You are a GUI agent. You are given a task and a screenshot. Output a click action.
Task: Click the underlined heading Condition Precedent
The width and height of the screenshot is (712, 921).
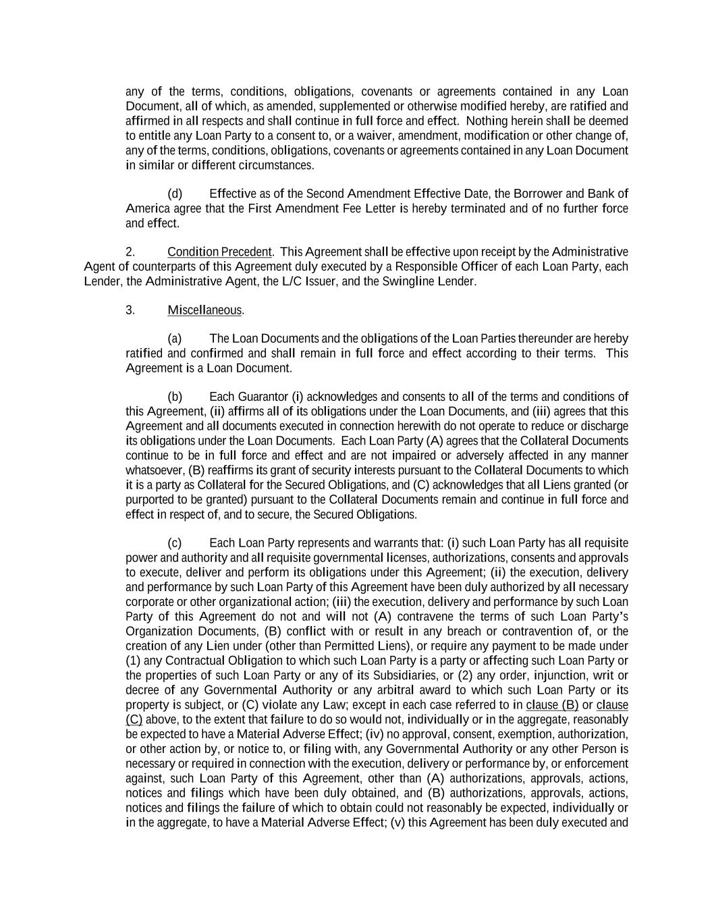(219, 252)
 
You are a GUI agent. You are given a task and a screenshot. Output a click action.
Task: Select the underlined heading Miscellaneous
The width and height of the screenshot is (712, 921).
(204, 310)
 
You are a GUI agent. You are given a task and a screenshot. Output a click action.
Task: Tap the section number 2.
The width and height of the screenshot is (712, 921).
(130, 252)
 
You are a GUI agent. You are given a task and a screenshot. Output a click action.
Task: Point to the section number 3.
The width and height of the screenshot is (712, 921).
(130, 310)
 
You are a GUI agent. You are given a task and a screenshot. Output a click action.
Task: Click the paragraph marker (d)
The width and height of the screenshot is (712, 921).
(175, 194)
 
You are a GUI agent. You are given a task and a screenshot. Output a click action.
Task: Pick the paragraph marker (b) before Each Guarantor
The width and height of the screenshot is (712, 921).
(175, 397)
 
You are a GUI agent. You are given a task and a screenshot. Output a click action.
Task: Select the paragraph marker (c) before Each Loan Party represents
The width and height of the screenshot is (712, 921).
(175, 543)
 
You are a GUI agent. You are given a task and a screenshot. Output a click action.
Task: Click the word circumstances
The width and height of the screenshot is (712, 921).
(276, 165)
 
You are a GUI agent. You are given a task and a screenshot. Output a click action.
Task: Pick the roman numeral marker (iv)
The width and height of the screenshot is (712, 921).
(375, 734)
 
